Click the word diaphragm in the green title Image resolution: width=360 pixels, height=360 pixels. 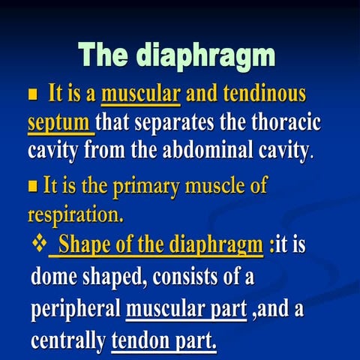205,56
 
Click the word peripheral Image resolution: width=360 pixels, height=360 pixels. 75,310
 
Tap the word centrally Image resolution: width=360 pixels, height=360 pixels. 68,341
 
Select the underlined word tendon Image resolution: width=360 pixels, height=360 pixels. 141,341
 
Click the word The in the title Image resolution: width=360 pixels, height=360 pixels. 104,56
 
